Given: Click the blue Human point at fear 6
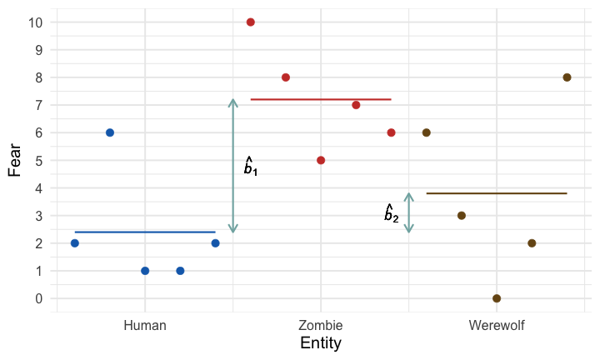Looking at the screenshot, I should pos(110,132).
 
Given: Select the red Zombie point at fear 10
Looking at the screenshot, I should pos(251,22).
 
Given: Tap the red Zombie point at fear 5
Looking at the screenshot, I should pos(321,160).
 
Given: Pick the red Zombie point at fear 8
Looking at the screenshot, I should pos(286,77).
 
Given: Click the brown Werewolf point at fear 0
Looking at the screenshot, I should pos(497,298).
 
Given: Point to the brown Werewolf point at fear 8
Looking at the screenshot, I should pos(567,77).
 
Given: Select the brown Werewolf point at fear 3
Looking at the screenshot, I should pos(462,216).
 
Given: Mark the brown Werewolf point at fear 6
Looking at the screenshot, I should pos(427,132).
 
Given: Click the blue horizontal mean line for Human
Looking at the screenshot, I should pos(145,232).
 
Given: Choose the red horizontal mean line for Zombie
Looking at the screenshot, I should pos(321,99).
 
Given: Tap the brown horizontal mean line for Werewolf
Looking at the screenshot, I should pos(497,193).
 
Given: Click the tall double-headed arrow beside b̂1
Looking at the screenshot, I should pos(233,166).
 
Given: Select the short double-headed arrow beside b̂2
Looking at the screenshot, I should pos(408,212).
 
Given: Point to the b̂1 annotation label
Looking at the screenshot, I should pos(250,167).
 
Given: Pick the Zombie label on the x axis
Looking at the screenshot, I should pos(321,325).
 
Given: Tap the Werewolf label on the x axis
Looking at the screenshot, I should pos(497,325).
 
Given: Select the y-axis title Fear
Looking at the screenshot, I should pos(14,160).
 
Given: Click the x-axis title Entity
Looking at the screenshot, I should pos(321,343).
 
